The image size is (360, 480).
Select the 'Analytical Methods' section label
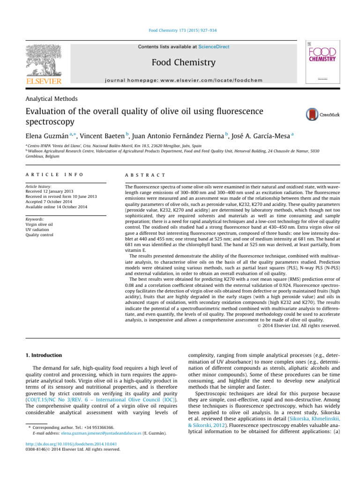[x=52, y=99]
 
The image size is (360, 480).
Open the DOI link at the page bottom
[x=71, y=443]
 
